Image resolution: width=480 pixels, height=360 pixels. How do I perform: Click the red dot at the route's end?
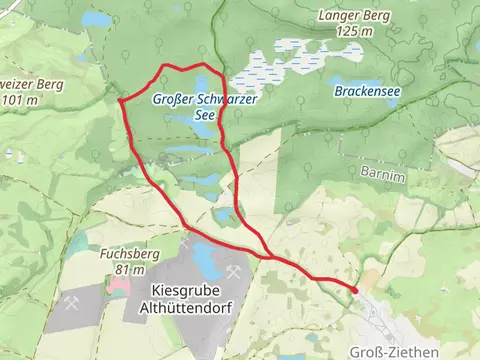click(x=355, y=290)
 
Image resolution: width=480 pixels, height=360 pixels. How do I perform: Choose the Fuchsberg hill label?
click(x=130, y=255)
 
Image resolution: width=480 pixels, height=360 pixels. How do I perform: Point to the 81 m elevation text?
click(x=130, y=270)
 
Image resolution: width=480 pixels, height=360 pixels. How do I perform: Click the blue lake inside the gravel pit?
click(x=203, y=261)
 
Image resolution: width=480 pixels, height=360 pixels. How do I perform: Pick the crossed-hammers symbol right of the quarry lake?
click(x=234, y=271)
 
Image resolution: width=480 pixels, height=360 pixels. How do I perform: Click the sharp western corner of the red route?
click(x=120, y=100)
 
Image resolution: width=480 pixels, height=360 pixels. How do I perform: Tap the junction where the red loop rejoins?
click(x=267, y=256)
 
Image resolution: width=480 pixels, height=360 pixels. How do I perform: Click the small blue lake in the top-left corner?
click(x=97, y=19)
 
